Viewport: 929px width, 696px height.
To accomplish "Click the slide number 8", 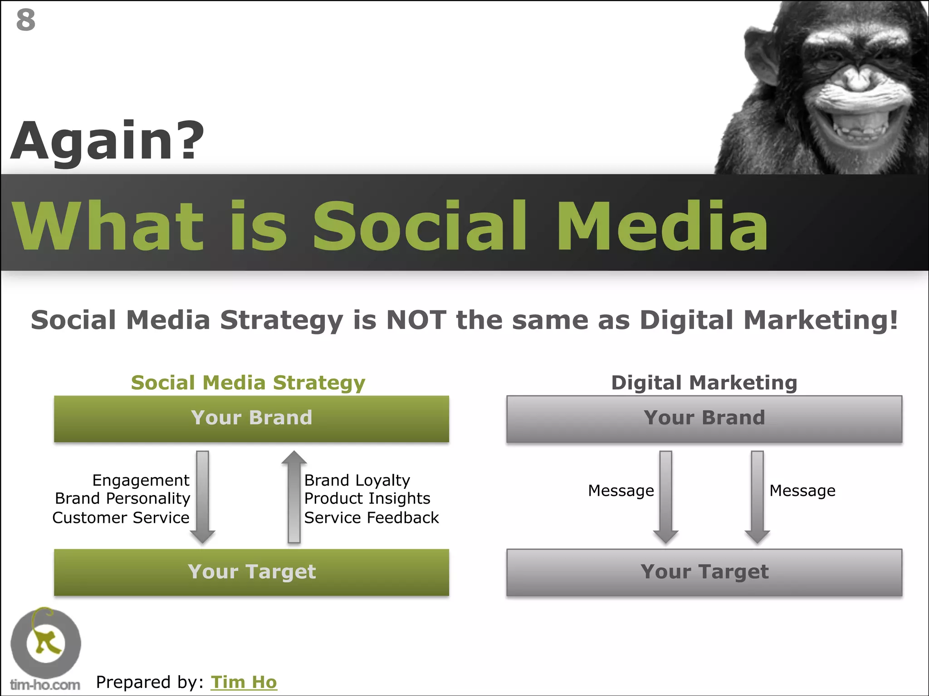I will coord(25,20).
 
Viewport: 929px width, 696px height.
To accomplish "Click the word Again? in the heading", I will coord(107,141).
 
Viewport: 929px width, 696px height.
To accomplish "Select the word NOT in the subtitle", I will coord(416,320).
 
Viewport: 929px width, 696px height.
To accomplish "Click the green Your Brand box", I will coord(251,418).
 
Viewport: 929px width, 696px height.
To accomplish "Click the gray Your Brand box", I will coord(704,418).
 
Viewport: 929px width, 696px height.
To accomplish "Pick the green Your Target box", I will coord(251,572).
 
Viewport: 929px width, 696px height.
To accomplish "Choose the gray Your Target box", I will coord(704,572).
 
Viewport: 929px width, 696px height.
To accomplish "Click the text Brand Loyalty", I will coord(357,480).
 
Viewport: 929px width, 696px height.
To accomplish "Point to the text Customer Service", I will coord(121,517).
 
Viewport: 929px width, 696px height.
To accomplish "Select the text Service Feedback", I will coord(371,517).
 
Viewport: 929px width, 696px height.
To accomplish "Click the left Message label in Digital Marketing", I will coord(621,491).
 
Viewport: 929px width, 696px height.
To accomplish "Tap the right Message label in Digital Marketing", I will coord(802,491).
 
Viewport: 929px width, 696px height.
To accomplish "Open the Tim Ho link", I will coord(244,682).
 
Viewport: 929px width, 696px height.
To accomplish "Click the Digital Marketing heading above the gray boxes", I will coord(704,383).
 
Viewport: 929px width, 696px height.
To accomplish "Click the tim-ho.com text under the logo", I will coord(45,685).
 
